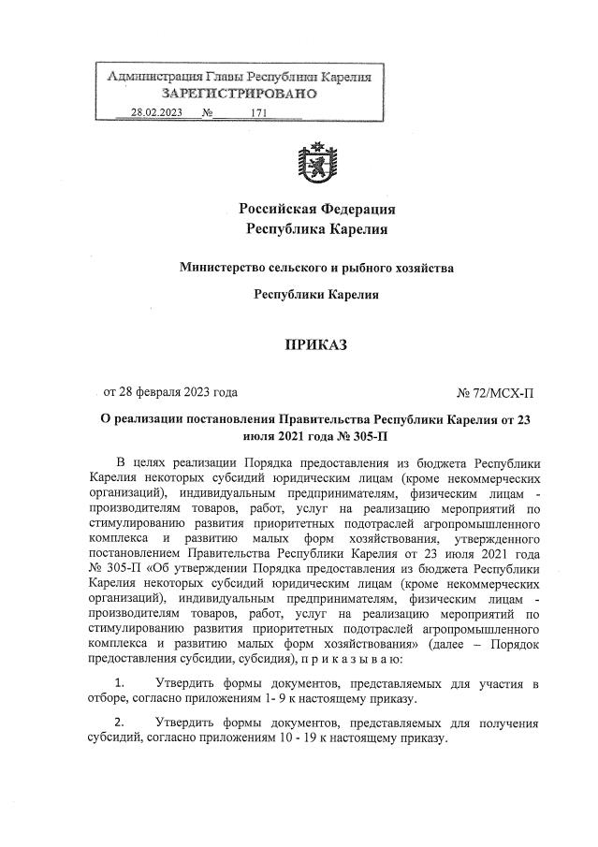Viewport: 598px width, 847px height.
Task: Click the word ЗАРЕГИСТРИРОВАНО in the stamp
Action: [x=240, y=94]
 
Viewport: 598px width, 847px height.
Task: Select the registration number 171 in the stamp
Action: [x=259, y=113]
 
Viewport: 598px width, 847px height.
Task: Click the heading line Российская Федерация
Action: [x=316, y=208]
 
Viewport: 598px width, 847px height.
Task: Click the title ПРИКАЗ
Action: [x=316, y=345]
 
